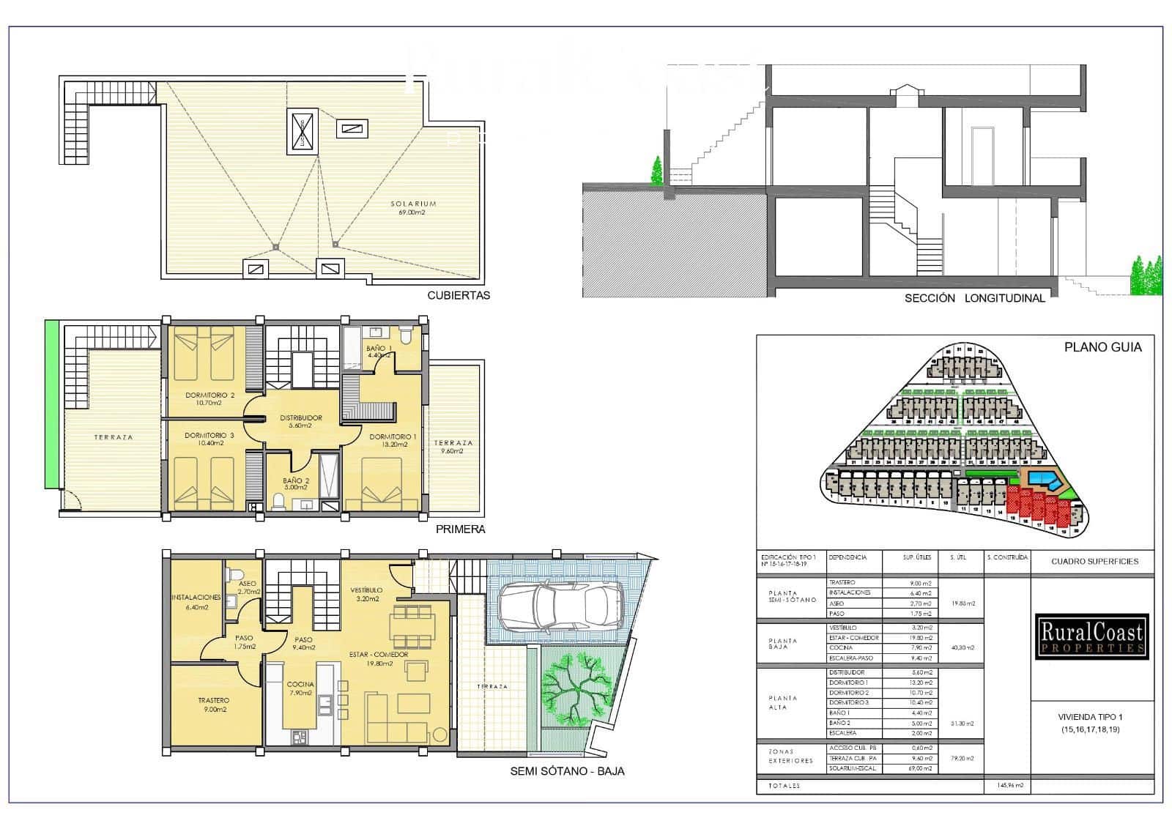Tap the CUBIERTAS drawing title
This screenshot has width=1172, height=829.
(x=459, y=296)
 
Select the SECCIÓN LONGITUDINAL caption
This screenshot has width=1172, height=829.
(x=974, y=298)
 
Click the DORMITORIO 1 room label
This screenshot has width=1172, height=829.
(x=393, y=440)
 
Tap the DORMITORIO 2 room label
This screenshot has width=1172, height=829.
(x=209, y=399)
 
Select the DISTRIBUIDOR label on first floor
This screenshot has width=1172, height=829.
(x=301, y=421)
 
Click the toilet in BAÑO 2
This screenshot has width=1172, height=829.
(x=278, y=501)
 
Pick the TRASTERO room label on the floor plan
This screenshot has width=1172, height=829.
(x=213, y=705)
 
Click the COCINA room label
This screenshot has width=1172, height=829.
(x=300, y=688)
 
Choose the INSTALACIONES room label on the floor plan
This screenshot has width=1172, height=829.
(x=196, y=602)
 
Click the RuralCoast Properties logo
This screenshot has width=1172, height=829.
(x=1091, y=636)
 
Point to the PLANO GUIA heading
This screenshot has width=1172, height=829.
(x=1102, y=347)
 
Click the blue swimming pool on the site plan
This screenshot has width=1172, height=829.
(x=1044, y=480)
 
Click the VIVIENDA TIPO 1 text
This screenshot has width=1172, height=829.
(x=1090, y=718)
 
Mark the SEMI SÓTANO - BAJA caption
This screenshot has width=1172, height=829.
(x=567, y=771)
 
